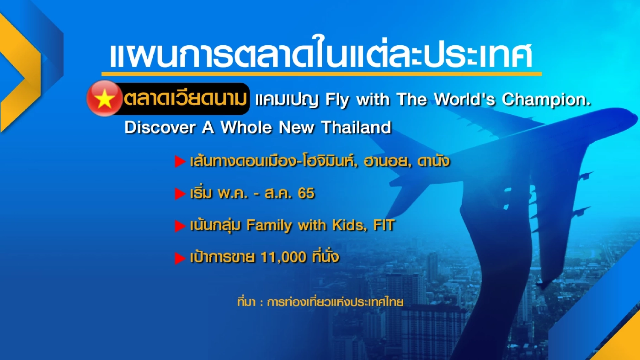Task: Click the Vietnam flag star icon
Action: [x=105, y=99]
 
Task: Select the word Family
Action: [x=270, y=225]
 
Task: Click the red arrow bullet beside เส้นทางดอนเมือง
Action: [x=180, y=162]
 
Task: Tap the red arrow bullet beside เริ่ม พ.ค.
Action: [x=180, y=194]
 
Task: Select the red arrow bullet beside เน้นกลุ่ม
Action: [x=180, y=226]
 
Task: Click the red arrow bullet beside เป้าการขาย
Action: [x=180, y=258]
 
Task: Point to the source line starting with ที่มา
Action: [x=320, y=302]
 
